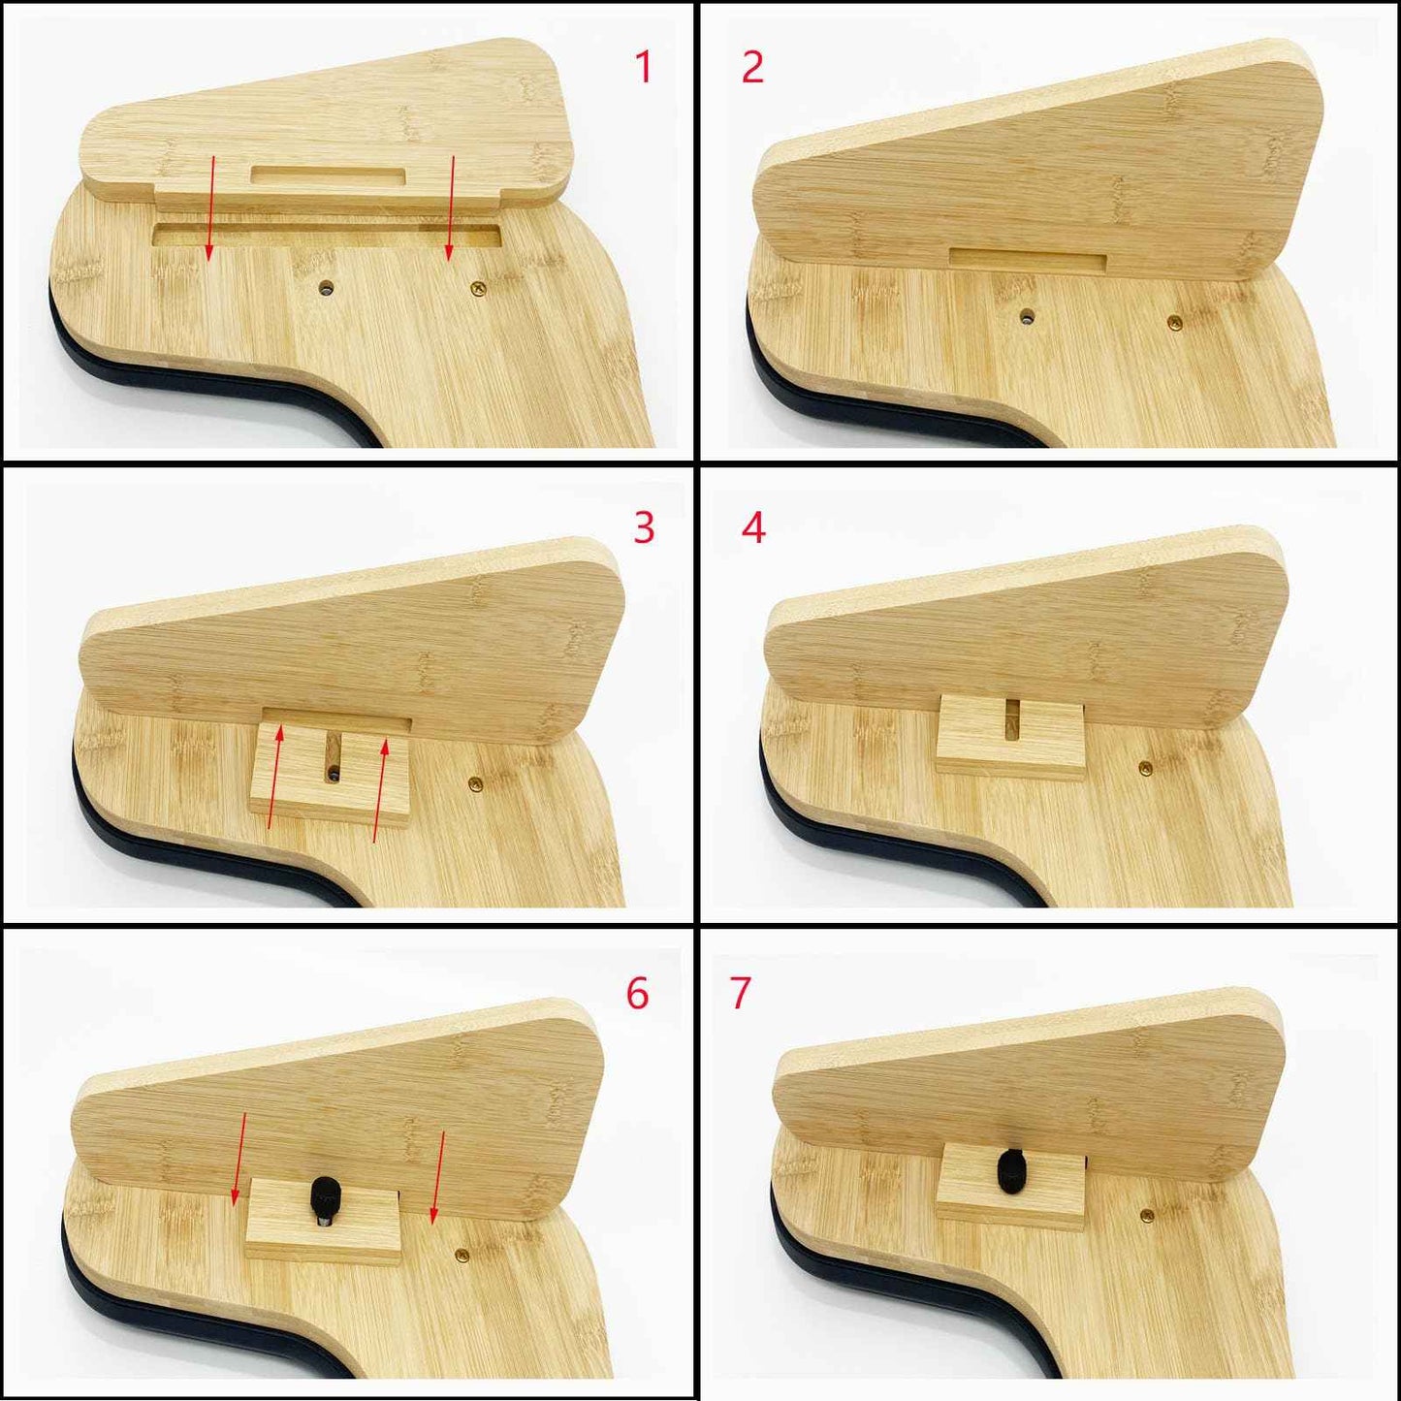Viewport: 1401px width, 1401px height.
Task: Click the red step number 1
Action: point(643,67)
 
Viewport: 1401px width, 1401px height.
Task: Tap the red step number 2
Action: point(752,67)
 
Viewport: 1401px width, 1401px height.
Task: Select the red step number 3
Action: point(644,527)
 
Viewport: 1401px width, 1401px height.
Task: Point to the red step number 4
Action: point(753,527)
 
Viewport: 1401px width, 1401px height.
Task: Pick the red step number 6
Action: point(637,993)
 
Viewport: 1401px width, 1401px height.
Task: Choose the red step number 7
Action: point(741,993)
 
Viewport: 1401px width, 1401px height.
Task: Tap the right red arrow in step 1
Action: point(450,207)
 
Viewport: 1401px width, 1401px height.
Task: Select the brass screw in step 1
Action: point(476,288)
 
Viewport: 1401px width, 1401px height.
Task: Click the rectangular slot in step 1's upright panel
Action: point(328,176)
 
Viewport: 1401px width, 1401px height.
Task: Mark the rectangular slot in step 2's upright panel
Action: point(1028,259)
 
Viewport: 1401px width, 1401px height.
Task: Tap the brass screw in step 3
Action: point(474,780)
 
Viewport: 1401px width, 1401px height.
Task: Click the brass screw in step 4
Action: point(1145,768)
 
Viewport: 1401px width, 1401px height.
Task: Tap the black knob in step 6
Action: point(322,1198)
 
